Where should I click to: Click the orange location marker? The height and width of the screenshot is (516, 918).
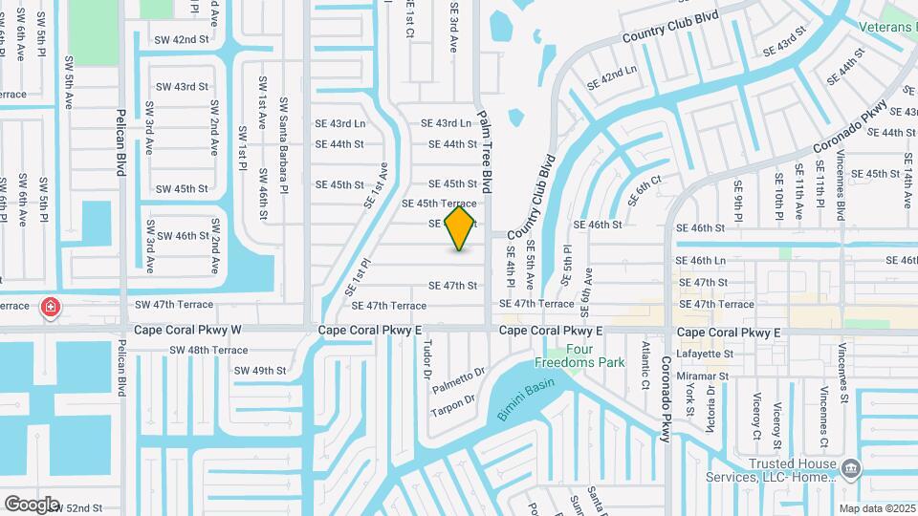click(x=460, y=227)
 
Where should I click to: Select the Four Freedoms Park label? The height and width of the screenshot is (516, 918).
click(x=594, y=355)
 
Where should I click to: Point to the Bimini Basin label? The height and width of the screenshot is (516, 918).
click(x=526, y=398)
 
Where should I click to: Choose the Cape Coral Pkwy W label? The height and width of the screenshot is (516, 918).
click(x=188, y=331)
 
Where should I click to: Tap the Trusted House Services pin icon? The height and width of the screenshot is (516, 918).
click(x=853, y=467)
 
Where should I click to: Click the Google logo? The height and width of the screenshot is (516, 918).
click(x=32, y=505)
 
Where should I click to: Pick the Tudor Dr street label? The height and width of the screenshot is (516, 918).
click(x=428, y=359)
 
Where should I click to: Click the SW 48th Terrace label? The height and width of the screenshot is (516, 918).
click(x=208, y=351)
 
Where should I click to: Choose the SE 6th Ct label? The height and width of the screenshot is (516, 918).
click(x=645, y=190)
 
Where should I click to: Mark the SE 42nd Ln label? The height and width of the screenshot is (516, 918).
click(x=611, y=78)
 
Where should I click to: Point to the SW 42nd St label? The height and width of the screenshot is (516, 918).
click(x=182, y=40)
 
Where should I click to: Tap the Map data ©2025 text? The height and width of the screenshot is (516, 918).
click(x=877, y=508)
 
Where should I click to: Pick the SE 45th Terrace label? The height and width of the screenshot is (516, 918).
click(x=439, y=204)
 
